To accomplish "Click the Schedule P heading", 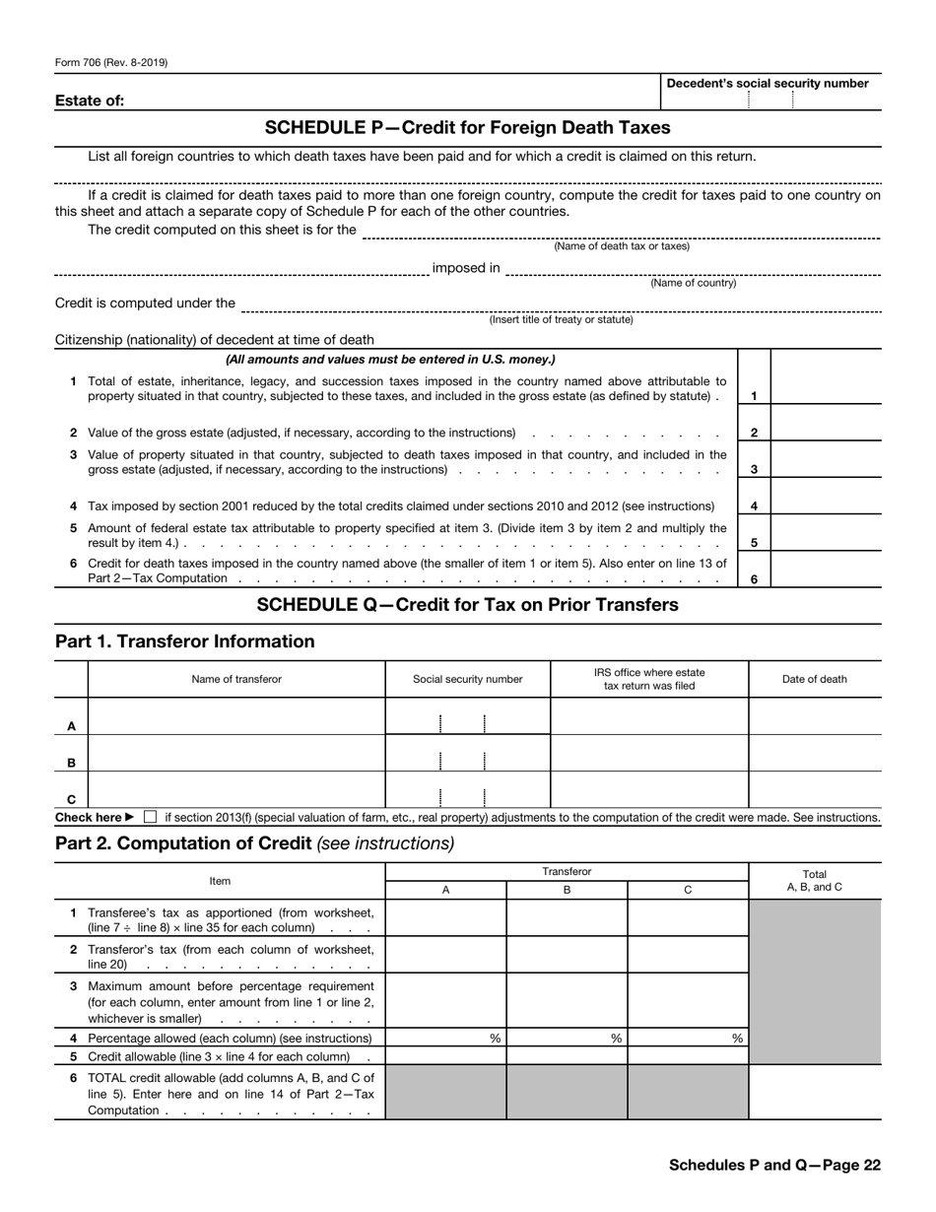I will (467, 128).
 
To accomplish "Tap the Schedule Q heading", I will (467, 605).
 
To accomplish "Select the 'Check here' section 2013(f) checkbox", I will (150, 817).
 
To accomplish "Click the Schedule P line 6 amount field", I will (826, 571).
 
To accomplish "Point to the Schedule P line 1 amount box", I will (826, 387).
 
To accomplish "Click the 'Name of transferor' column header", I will (236, 679).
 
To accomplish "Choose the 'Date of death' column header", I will (814, 679).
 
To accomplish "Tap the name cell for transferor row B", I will (236, 754).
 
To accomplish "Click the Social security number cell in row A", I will (467, 716).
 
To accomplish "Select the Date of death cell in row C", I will (814, 790).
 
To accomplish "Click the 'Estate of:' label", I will (90, 100).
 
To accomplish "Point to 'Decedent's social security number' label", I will (768, 84).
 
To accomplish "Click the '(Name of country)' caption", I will (693, 284).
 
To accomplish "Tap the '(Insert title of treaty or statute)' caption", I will (561, 319).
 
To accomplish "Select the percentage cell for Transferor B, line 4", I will (567, 1038).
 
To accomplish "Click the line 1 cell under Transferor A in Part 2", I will (445, 917).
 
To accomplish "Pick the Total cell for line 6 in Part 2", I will (814, 1092).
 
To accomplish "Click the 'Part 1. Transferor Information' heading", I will (185, 642).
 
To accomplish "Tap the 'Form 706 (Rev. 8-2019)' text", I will (111, 63).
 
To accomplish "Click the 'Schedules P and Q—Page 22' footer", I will (774, 1165).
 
